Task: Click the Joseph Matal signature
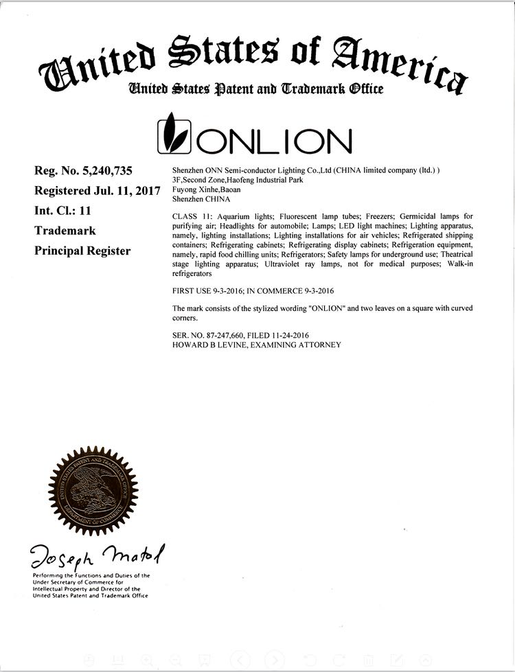point(97,553)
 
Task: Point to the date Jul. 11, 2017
point(128,190)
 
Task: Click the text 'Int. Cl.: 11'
point(63,211)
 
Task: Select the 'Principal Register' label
point(82,251)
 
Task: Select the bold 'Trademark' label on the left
point(65,231)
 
